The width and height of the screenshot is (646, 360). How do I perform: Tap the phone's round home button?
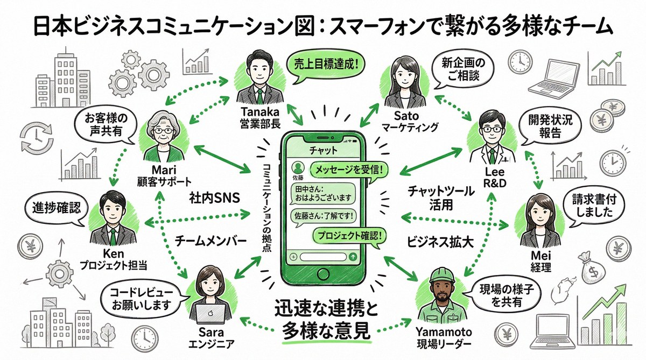point(323,274)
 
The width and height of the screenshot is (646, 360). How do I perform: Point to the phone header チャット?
point(323,149)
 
